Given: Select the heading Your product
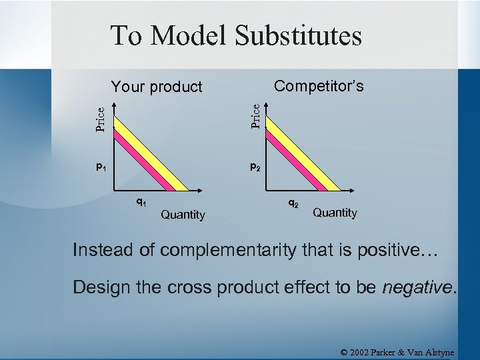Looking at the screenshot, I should click(x=157, y=87).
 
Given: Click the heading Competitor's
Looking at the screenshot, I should click(x=319, y=86).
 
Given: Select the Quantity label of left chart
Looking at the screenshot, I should click(x=183, y=215).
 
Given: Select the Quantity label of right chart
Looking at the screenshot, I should click(x=335, y=213).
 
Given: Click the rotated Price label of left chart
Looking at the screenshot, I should click(x=100, y=119).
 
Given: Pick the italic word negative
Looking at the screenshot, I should click(x=417, y=287).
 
